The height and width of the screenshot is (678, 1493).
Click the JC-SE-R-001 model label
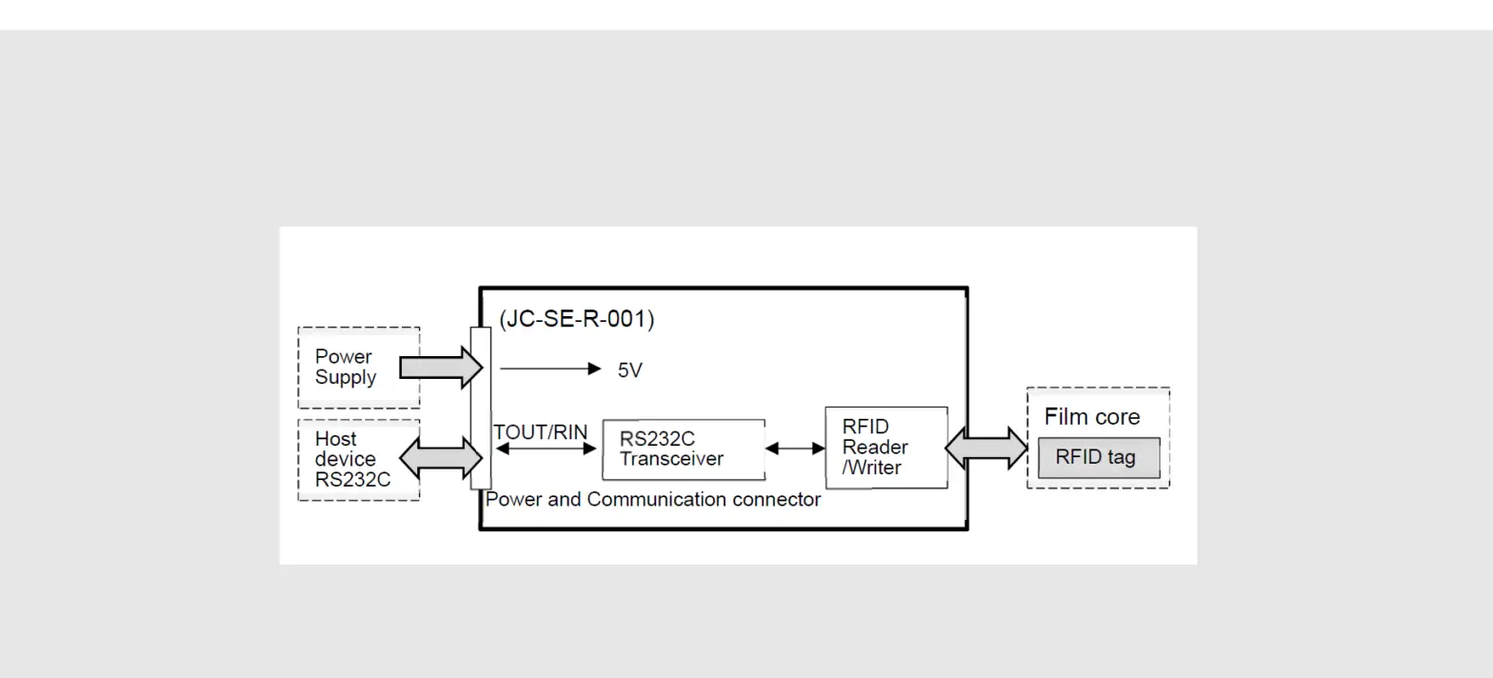[x=576, y=319]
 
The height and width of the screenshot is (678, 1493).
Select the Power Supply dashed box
[x=359, y=368]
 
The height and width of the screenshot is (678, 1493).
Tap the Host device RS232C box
[x=359, y=460]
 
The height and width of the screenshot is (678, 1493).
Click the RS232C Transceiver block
[x=683, y=449]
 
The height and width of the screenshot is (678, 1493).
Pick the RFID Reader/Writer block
[x=886, y=448]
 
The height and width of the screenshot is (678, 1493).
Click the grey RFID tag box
[x=1098, y=458]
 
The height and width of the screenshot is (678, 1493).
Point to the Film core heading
[x=1091, y=417]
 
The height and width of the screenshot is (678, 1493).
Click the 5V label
[x=629, y=370]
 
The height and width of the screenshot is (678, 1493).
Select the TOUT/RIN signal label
[x=540, y=432]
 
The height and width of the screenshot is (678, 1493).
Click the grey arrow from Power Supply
[x=441, y=368]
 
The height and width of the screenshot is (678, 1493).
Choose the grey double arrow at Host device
[x=441, y=458]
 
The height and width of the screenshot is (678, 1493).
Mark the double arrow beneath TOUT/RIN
[x=546, y=449]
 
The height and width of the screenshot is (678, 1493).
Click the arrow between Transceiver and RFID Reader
[x=795, y=449]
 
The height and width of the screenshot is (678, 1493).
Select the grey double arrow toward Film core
[x=986, y=448]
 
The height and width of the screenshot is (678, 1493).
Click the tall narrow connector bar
[x=481, y=408]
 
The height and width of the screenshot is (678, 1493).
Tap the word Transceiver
[x=671, y=459]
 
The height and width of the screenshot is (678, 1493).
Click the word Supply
[x=346, y=378]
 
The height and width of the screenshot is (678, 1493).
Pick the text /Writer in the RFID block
[x=871, y=468]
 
